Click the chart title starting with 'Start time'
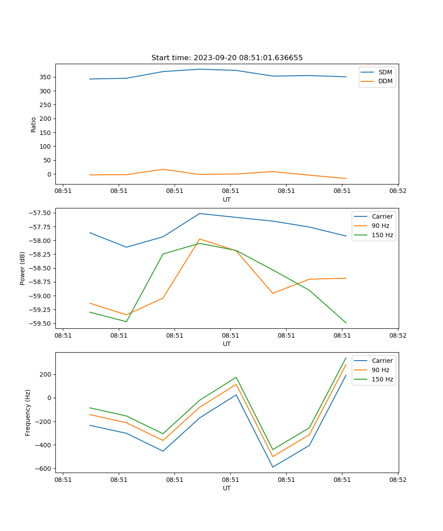[x=227, y=58]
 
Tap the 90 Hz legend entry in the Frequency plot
[x=380, y=370]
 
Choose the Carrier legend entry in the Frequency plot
[x=382, y=361]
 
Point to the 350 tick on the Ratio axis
[x=46, y=77]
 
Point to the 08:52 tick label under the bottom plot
[x=397, y=479]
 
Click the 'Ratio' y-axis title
[x=34, y=124]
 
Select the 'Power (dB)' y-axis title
[x=23, y=268]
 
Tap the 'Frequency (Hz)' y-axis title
[x=28, y=412]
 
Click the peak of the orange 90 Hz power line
[x=199, y=239]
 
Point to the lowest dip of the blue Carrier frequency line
[x=272, y=467]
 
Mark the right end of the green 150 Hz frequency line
[x=346, y=358]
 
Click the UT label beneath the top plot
[x=227, y=200]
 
